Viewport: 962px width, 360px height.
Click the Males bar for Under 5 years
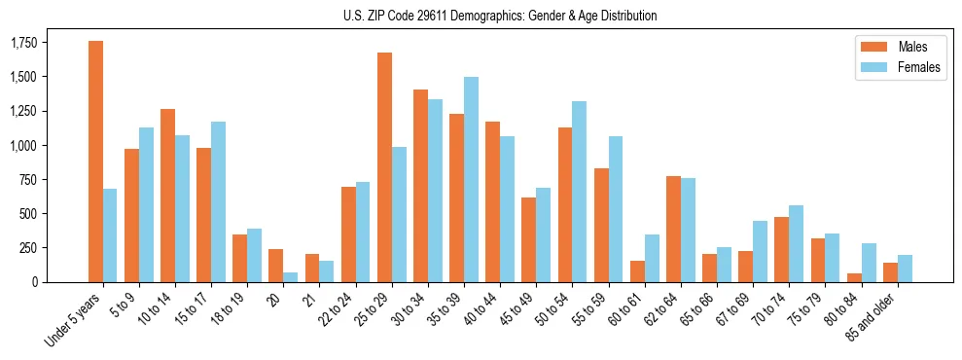[95, 162]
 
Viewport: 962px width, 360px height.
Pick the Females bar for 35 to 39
[471, 179]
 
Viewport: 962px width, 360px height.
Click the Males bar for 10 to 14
[167, 196]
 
